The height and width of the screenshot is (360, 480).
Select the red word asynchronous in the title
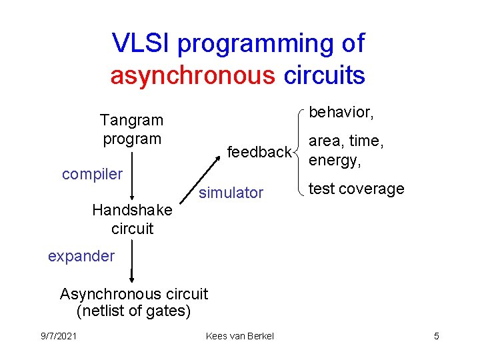coord(193,75)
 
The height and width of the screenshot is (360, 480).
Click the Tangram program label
coord(131,129)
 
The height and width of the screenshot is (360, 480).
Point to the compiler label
coord(92,175)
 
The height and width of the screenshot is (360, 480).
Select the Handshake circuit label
coord(132,219)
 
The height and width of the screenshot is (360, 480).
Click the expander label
coord(81,256)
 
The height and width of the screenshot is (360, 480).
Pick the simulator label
coord(231,193)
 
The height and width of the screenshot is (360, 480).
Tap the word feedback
coord(259,153)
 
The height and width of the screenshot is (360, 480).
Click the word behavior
coord(340,113)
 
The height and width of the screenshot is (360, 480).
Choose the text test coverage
coord(357,189)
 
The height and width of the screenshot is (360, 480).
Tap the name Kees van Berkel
coord(240,336)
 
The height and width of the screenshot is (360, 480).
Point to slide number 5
coord(436,336)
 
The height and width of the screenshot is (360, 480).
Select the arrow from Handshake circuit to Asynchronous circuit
coord(132,261)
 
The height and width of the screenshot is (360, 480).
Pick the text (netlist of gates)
coord(134,311)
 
